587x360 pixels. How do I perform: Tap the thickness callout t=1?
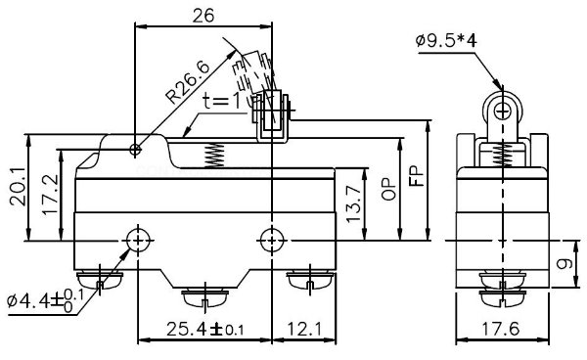pos(226,101)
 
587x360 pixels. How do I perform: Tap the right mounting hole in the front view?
pos(270,240)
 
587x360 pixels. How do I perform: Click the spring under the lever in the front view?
pos(215,153)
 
